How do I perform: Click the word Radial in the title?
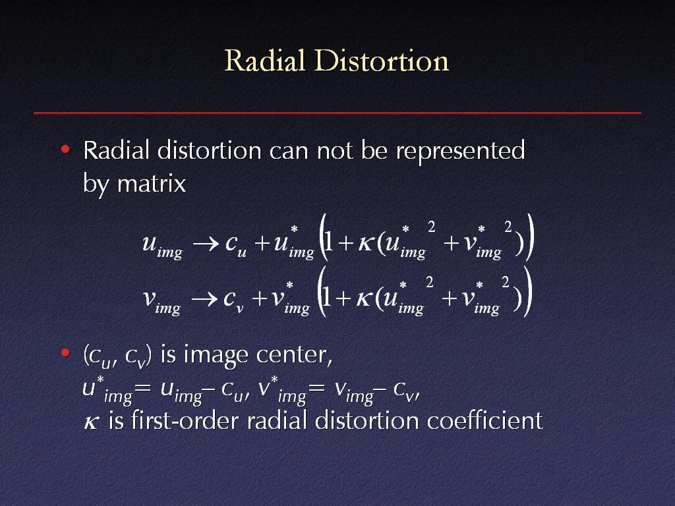[265, 60]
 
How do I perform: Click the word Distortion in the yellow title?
[382, 60]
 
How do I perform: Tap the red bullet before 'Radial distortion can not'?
[65, 150]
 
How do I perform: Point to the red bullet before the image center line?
[65, 353]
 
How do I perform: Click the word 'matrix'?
[152, 184]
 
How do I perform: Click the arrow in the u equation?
[206, 245]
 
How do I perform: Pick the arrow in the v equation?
[204, 298]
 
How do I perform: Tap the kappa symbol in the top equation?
[365, 244]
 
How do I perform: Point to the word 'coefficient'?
[484, 420]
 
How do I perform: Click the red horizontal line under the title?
[337, 113]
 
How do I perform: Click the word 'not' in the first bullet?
[335, 151]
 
